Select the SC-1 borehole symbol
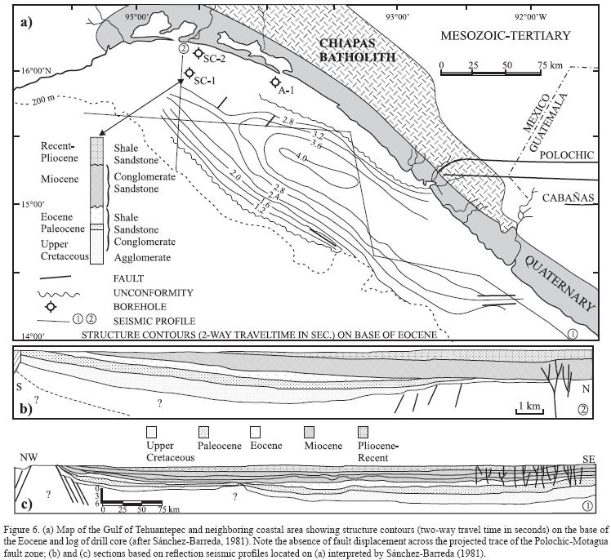(x=189, y=73)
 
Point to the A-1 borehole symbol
(x=276, y=82)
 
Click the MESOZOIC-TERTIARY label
(x=504, y=35)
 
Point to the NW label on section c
(x=29, y=457)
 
